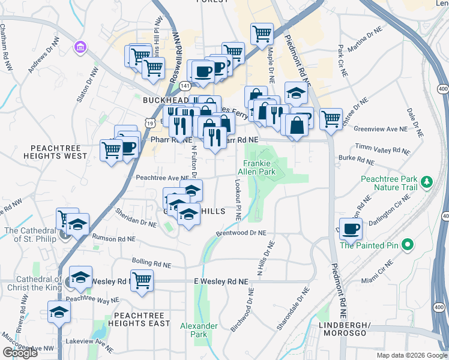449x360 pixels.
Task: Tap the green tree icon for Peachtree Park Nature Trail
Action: coord(427,181)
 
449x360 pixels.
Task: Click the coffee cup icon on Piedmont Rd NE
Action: coord(351,229)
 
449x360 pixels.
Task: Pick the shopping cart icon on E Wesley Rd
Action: coord(142,280)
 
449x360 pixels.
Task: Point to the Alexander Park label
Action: coord(199,330)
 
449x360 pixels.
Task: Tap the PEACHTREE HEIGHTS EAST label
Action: coord(139,319)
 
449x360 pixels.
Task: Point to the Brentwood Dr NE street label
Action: coord(240,234)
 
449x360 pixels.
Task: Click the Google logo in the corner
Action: coord(20,352)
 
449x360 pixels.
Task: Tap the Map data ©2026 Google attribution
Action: coord(411,355)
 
